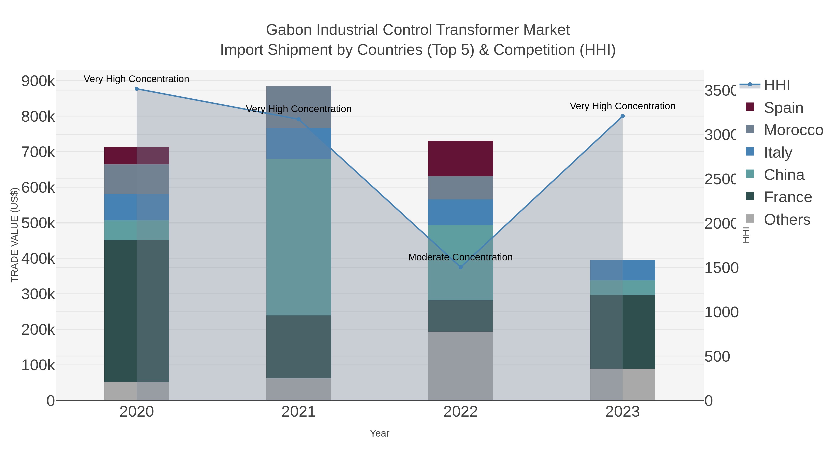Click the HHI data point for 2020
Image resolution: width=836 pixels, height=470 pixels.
pyautogui.click(x=137, y=89)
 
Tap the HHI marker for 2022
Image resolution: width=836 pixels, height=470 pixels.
pyautogui.click(x=460, y=267)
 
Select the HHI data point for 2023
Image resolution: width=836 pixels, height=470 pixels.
pyautogui.click(x=622, y=116)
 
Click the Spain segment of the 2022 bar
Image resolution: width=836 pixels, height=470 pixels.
pyautogui.click(x=460, y=159)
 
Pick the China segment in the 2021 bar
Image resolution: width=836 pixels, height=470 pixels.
pyautogui.click(x=299, y=237)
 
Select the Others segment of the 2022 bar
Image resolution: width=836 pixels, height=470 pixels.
pyautogui.click(x=460, y=366)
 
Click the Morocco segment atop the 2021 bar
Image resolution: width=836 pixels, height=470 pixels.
pyautogui.click(x=299, y=97)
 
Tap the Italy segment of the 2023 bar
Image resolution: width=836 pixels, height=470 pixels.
pyautogui.click(x=622, y=270)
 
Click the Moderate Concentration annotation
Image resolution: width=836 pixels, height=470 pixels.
pyautogui.click(x=460, y=257)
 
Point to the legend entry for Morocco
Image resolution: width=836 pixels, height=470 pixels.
pyautogui.click(x=793, y=130)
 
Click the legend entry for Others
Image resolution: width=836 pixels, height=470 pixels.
pyautogui.click(x=787, y=220)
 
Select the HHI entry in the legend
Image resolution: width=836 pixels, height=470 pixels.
pyautogui.click(x=777, y=85)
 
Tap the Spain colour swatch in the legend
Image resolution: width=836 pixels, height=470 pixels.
pyautogui.click(x=750, y=107)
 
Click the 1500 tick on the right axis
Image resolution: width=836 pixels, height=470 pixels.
pyautogui.click(x=721, y=268)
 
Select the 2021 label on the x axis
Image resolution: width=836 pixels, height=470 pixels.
pyautogui.click(x=299, y=412)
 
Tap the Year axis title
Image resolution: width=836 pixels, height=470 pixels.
pyautogui.click(x=379, y=433)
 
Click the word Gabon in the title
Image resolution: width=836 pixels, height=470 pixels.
pyautogui.click(x=290, y=30)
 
